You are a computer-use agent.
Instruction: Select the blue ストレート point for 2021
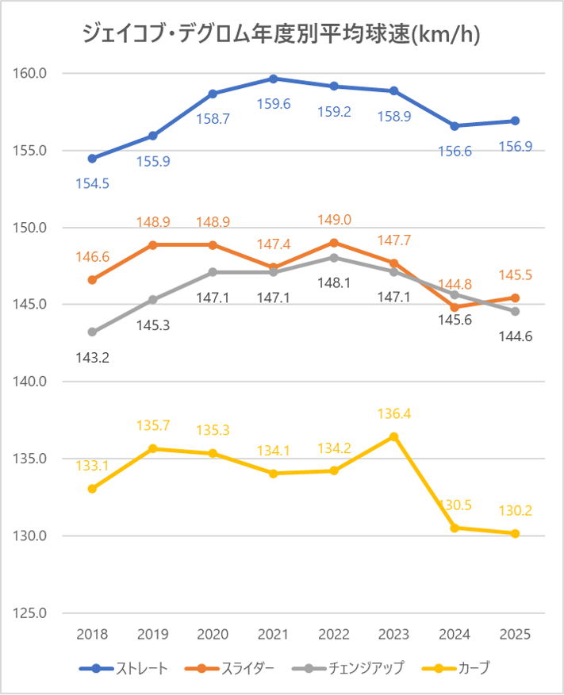[x=274, y=79]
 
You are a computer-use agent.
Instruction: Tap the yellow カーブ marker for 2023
[x=394, y=436]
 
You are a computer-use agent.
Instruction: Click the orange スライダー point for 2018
[x=92, y=280]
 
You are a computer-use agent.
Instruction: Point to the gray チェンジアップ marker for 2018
[x=92, y=332]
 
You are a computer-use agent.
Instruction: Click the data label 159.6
[x=274, y=104]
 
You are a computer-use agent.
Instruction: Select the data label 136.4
[x=394, y=413]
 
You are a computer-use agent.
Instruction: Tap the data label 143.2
[x=92, y=357]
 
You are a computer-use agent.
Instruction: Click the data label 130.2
[x=516, y=511]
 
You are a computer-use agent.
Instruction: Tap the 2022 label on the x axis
[x=334, y=635]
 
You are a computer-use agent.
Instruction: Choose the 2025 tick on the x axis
[x=516, y=635]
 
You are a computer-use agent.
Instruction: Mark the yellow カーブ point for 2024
[x=455, y=528]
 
